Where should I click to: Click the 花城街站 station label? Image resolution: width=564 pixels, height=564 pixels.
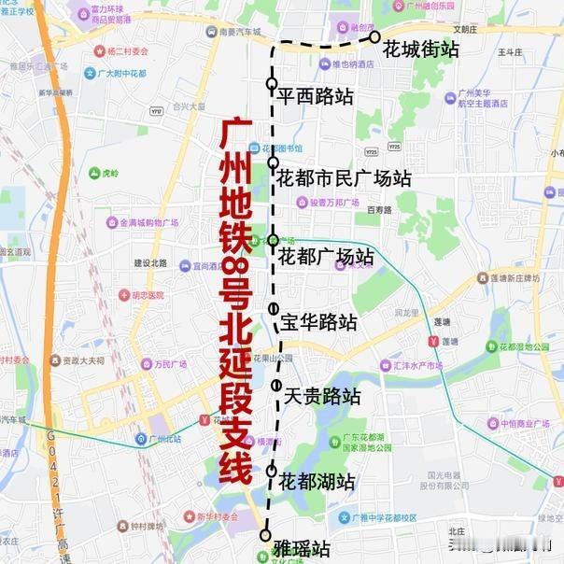pyautogui.click(x=421, y=49)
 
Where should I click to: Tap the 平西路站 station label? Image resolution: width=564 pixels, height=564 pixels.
pyautogui.click(x=316, y=95)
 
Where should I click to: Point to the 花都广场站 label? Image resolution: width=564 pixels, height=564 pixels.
pyautogui.click(x=327, y=256)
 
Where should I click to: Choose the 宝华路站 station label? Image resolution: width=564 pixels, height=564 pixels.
pyautogui.click(x=318, y=323)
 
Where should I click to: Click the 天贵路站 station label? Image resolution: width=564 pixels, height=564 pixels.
pyautogui.click(x=322, y=396)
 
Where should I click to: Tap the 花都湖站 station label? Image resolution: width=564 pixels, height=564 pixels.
pyautogui.click(x=317, y=482)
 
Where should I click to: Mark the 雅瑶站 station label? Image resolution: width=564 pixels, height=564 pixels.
pyautogui.click(x=302, y=546)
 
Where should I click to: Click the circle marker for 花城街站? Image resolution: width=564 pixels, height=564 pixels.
pyautogui.click(x=374, y=37)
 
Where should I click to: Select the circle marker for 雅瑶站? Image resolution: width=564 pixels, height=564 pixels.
pyautogui.click(x=265, y=536)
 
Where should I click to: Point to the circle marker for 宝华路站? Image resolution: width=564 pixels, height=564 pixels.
pyautogui.click(x=274, y=309)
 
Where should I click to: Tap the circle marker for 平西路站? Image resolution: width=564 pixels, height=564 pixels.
pyautogui.click(x=272, y=84)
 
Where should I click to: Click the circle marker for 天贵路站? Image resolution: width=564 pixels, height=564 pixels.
pyautogui.click(x=276, y=386)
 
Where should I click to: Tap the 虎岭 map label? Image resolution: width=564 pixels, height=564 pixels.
pyautogui.click(x=110, y=173)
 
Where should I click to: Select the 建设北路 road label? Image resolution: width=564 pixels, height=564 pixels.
pyautogui.click(x=149, y=263)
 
